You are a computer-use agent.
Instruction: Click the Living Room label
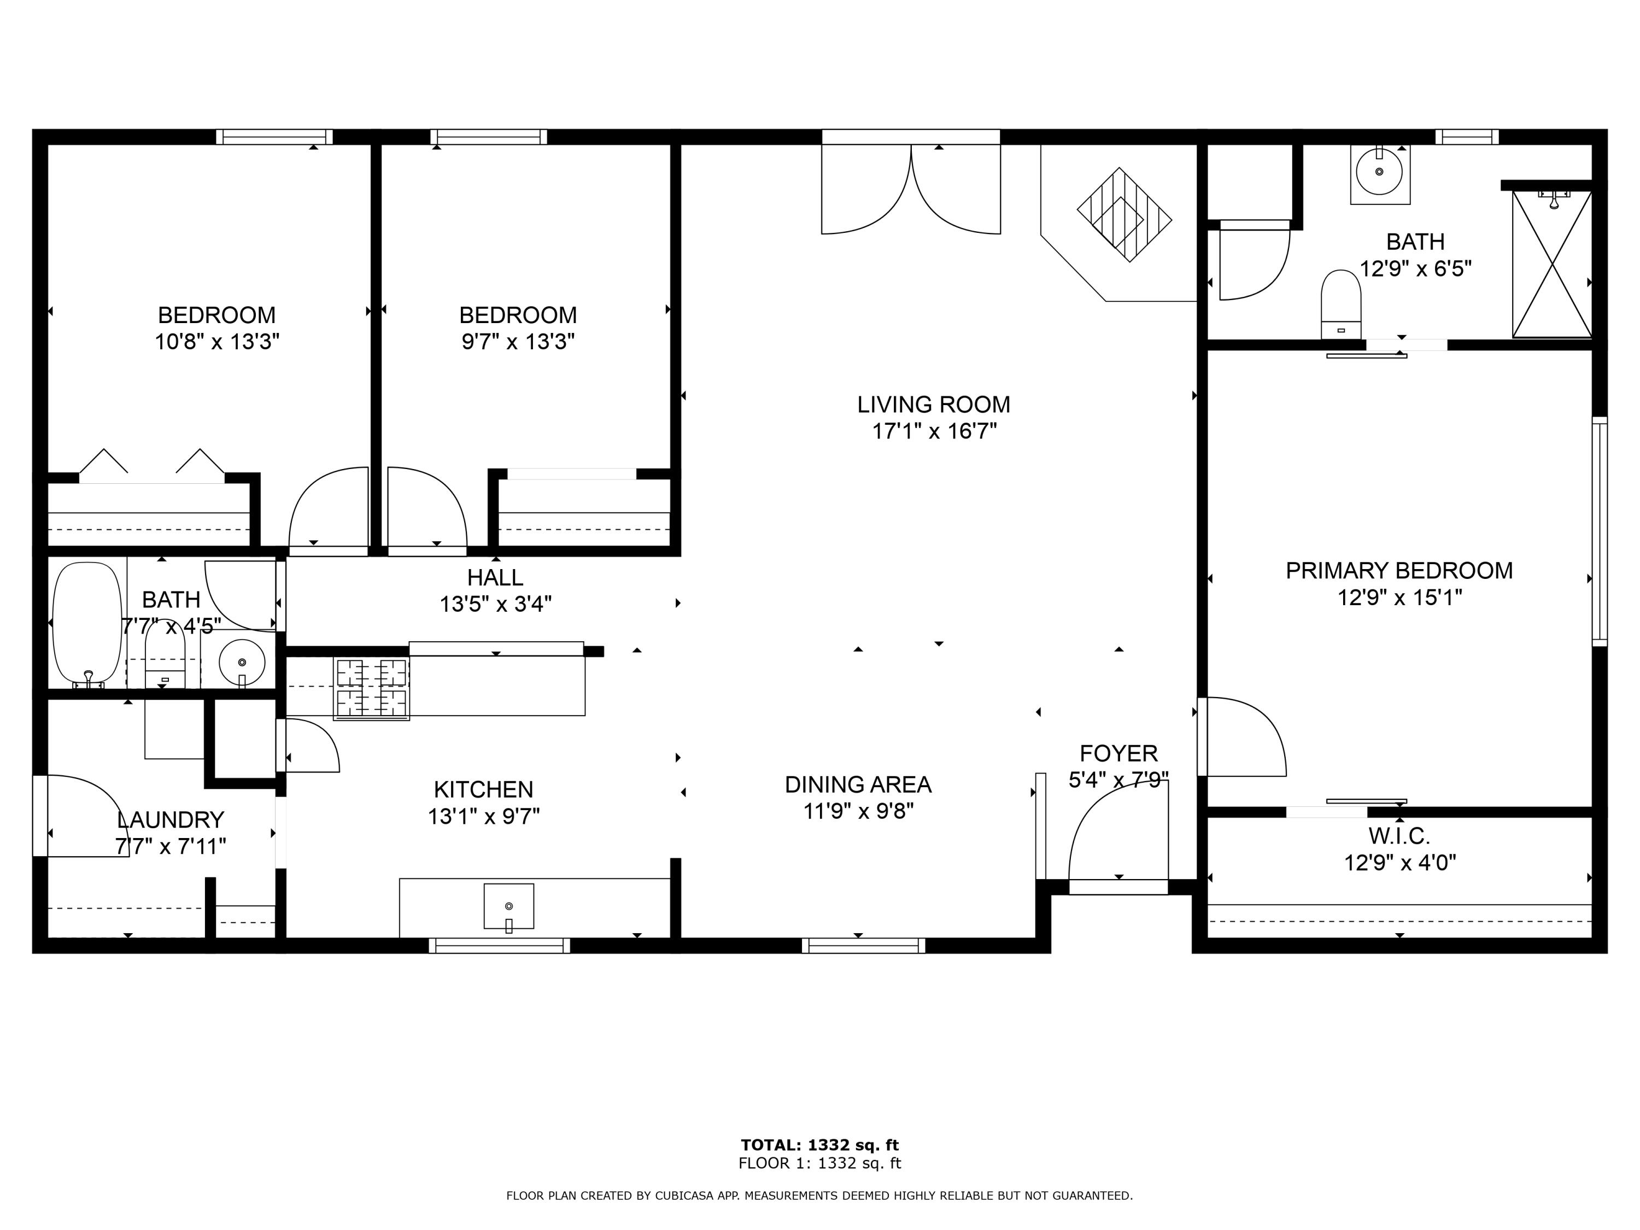(x=934, y=405)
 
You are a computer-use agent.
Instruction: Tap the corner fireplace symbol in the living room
(x=1124, y=215)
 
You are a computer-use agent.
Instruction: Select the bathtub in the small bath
(x=87, y=622)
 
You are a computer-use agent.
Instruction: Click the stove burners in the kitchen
(x=371, y=688)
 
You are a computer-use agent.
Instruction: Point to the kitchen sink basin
(x=508, y=905)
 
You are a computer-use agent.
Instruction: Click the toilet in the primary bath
(x=1340, y=304)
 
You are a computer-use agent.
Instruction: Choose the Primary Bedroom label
(x=1399, y=571)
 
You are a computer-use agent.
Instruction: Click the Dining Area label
(x=858, y=784)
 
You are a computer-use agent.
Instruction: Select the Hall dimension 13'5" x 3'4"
(x=495, y=604)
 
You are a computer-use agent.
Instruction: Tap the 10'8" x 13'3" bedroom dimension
(x=216, y=342)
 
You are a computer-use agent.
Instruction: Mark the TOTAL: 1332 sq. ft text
(x=819, y=1145)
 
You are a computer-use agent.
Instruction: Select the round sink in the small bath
(x=242, y=661)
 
